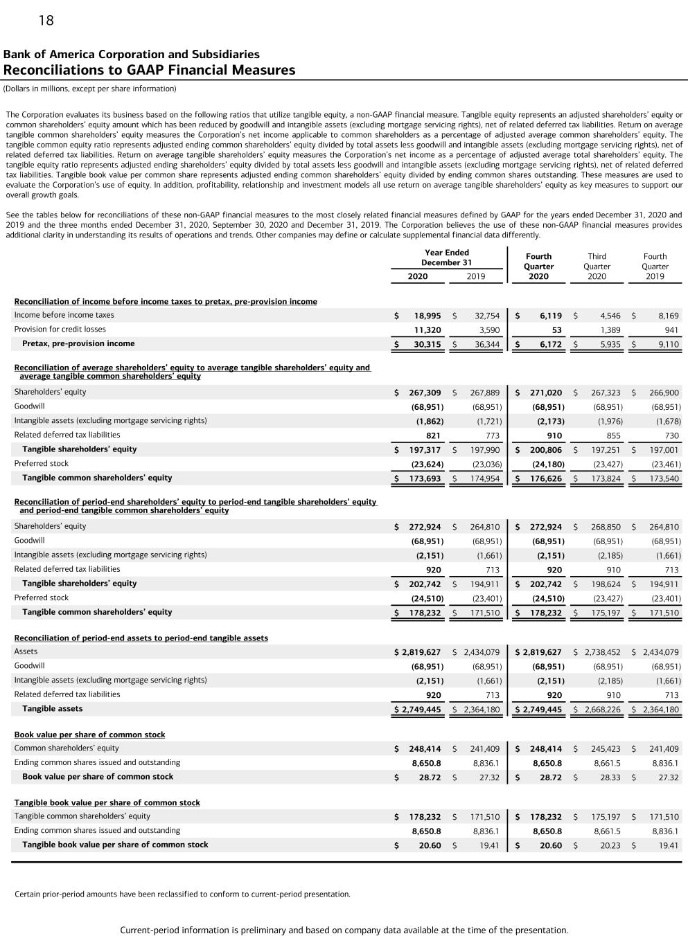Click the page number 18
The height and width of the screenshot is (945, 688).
click(x=46, y=21)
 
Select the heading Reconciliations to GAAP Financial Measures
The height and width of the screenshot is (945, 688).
click(x=149, y=70)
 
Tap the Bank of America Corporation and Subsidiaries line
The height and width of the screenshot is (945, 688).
click(x=132, y=54)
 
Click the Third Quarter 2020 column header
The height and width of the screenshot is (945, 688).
click(x=597, y=266)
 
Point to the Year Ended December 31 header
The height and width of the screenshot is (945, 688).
click(x=446, y=258)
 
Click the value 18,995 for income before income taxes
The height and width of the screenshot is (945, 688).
click(x=427, y=316)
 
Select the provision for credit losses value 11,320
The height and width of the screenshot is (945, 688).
click(x=427, y=330)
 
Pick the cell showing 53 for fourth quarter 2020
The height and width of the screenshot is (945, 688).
click(x=557, y=330)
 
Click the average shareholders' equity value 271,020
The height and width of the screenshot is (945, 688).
click(x=546, y=393)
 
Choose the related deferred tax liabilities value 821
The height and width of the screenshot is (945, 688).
click(x=433, y=435)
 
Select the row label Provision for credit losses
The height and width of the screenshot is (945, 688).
click(x=60, y=330)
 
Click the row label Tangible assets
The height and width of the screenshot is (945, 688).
click(x=52, y=709)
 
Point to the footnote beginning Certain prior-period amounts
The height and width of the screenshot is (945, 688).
click(x=182, y=894)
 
